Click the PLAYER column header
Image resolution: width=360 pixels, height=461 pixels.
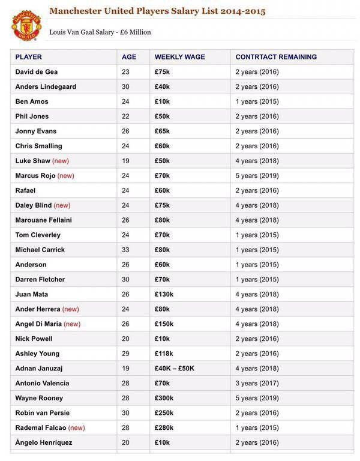click(28, 57)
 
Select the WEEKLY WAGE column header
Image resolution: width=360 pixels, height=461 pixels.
click(179, 57)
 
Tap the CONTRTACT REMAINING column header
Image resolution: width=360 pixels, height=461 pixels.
click(276, 57)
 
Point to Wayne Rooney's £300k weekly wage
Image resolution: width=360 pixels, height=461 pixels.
click(164, 398)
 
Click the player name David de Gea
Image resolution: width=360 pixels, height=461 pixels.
click(37, 72)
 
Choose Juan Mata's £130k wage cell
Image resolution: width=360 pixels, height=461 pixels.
click(164, 294)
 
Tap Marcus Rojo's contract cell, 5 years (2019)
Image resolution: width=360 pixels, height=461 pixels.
click(257, 176)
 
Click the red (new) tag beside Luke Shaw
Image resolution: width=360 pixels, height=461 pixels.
click(61, 161)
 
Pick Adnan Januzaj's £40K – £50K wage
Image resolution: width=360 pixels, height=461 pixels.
click(174, 369)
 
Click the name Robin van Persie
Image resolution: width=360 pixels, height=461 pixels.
click(42, 413)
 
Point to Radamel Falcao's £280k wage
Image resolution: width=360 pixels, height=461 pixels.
click(164, 428)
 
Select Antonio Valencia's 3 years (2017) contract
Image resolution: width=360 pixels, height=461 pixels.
click(257, 383)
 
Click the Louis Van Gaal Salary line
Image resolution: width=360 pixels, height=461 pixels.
click(100, 32)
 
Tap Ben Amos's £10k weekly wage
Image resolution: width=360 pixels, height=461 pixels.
click(162, 101)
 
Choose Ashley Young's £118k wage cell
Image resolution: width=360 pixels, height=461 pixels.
click(164, 354)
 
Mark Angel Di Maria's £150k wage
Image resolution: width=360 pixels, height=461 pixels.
click(164, 324)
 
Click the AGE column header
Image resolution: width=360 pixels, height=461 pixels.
click(129, 57)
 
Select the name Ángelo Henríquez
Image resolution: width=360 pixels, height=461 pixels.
click(43, 442)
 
